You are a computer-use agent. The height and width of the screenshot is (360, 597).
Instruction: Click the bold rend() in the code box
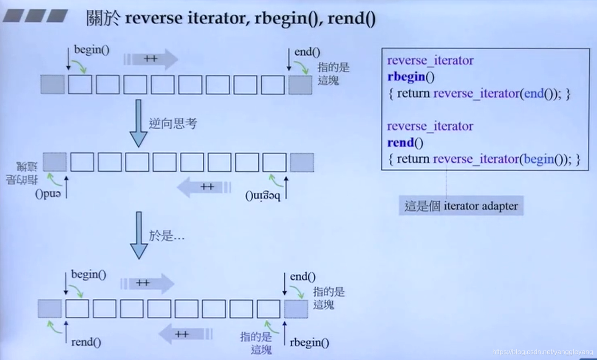405,143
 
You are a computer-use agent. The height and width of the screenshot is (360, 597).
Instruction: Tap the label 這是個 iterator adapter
461,206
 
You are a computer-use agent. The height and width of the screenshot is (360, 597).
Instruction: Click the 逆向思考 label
173,124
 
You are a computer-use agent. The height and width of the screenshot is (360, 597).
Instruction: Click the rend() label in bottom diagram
86,342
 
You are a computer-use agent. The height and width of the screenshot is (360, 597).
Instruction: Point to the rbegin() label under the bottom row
309,343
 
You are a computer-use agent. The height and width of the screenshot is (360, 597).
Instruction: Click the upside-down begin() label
263,196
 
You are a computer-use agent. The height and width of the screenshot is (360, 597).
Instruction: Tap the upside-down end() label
48,194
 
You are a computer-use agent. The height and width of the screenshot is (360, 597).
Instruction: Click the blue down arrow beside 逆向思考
138,123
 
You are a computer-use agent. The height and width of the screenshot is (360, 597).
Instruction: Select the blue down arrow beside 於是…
138,235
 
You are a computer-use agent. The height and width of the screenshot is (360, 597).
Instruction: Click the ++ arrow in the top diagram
151,59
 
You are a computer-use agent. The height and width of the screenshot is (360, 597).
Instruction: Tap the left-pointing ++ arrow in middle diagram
204,187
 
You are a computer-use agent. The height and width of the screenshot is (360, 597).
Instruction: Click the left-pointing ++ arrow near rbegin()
185,334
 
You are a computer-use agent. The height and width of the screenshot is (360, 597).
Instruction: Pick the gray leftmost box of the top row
53,84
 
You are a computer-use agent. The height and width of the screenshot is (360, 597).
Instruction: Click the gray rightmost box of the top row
300,85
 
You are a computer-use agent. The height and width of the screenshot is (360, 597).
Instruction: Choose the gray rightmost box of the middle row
302,162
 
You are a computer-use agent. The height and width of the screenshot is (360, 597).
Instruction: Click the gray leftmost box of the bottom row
50,309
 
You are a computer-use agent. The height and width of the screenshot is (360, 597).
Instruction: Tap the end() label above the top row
307,52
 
